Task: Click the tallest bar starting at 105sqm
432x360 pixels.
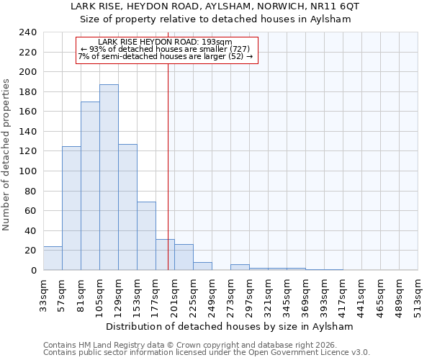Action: [109, 177]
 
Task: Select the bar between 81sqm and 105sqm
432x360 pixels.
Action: [90, 186]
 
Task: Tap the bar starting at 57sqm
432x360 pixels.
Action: [71, 208]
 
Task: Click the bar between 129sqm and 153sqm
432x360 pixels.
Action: [127, 207]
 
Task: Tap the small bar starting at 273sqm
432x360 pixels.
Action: [240, 267]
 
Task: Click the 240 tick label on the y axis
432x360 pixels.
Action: [28, 32]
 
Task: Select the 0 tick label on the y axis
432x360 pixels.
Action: [34, 270]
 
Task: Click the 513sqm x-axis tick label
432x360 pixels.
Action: [418, 294]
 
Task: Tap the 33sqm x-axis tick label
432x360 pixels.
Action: [43, 294]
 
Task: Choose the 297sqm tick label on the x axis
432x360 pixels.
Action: [249, 294]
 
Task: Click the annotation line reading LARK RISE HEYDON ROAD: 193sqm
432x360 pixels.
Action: [166, 42]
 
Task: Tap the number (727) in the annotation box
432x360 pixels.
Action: [239, 49]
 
